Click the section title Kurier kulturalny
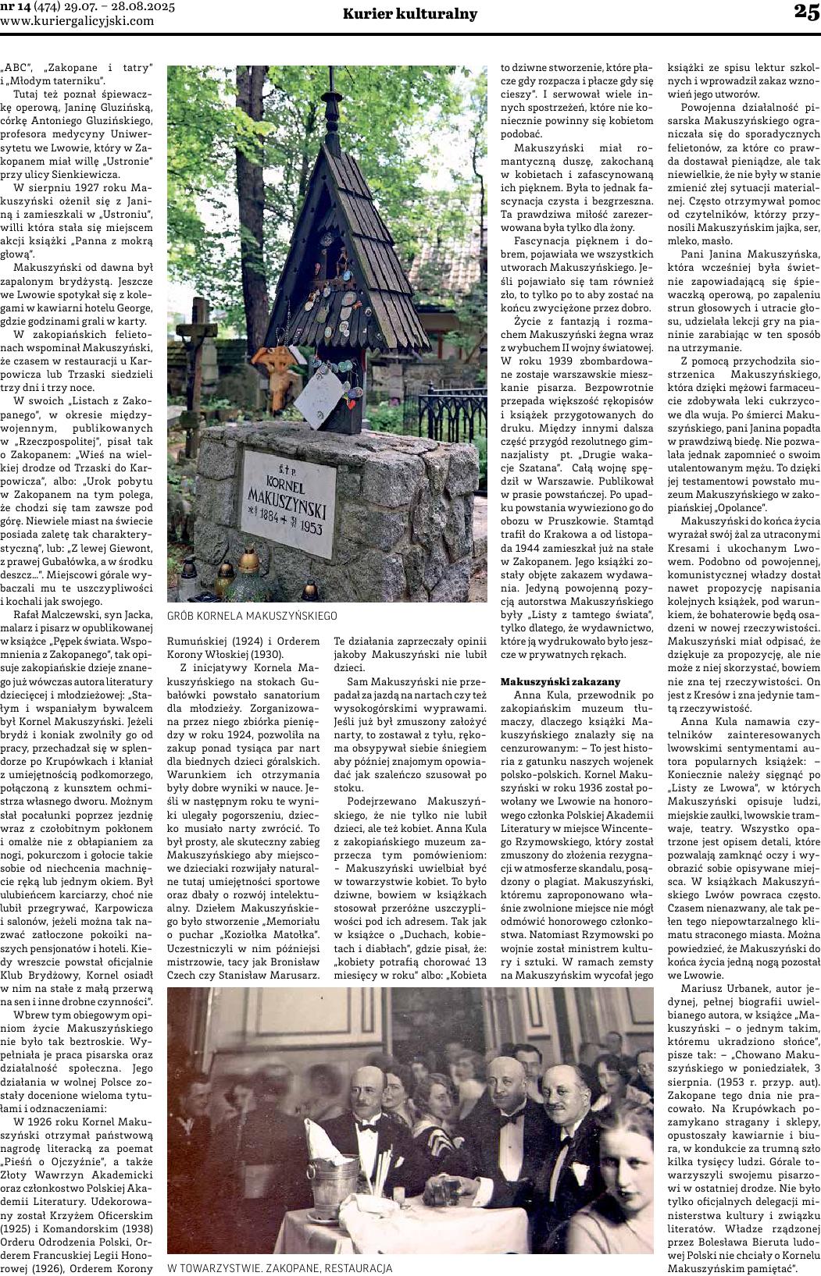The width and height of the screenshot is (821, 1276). [x=410, y=13]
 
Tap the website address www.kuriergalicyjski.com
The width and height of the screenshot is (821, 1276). [x=77, y=20]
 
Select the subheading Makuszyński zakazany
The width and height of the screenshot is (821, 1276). [x=559, y=681]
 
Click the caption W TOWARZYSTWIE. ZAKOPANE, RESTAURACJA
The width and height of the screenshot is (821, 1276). [x=280, y=1268]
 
